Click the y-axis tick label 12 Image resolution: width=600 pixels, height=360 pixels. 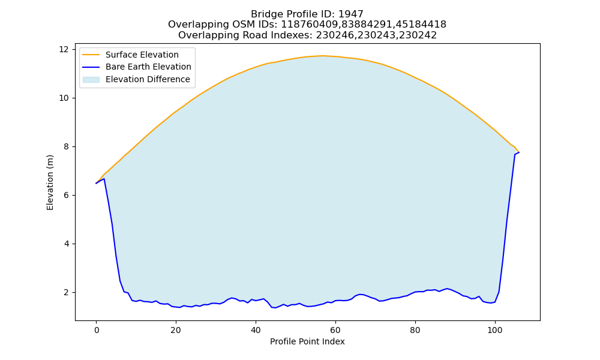point(64,49)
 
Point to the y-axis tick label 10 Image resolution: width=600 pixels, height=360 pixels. point(64,98)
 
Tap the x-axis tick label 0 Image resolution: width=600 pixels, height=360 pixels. point(96,330)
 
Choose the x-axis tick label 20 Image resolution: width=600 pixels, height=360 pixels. point(176,330)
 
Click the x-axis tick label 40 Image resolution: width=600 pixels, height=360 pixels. point(256,330)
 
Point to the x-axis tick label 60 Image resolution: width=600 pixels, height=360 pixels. point(335,330)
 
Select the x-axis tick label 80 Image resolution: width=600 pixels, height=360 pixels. point(415,330)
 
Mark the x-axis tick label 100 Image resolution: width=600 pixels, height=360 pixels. point(495,330)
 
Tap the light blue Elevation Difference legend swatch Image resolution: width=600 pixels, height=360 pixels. point(91,80)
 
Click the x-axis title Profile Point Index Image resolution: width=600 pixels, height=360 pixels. point(307,341)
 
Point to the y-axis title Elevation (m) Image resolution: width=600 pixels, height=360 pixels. point(50,182)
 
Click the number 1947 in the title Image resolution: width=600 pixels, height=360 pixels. point(351,14)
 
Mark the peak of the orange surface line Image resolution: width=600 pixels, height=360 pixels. point(323,55)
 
